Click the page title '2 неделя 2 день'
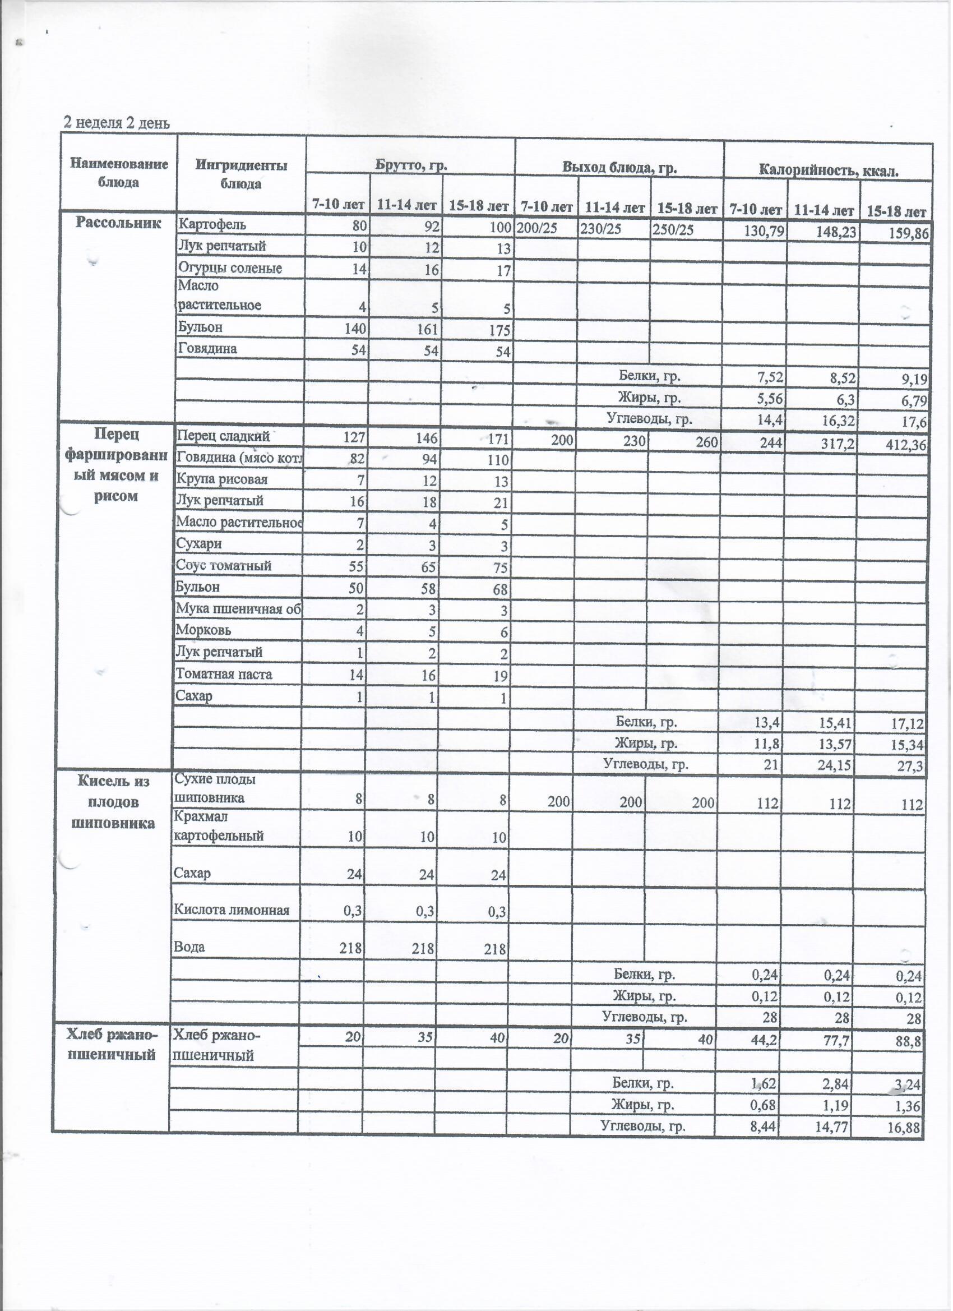tap(117, 123)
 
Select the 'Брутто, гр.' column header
tap(411, 166)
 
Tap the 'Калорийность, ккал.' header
tap(828, 170)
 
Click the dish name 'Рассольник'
tap(118, 224)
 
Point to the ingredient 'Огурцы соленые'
tap(230, 269)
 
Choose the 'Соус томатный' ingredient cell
tap(224, 566)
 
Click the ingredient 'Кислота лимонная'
tap(231, 911)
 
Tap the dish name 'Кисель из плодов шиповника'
tap(114, 802)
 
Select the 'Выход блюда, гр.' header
tap(619, 168)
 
